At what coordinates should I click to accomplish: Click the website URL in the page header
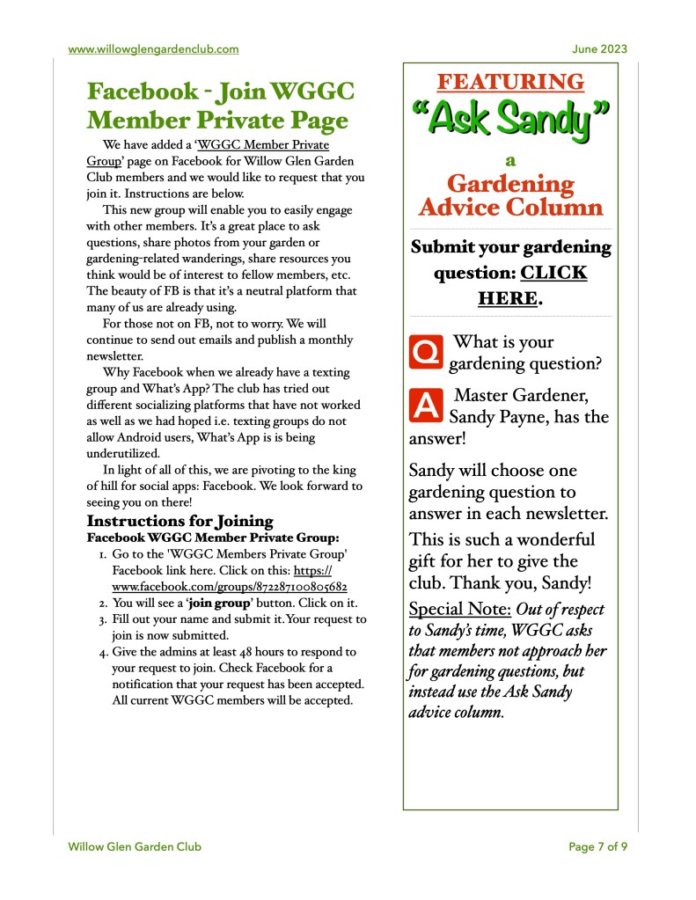coord(153,49)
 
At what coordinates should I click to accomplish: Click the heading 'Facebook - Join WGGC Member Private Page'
coord(217,106)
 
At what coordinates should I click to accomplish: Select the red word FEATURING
coord(510,83)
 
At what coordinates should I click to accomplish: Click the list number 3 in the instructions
coord(102,620)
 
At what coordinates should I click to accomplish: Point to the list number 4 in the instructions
coord(102,652)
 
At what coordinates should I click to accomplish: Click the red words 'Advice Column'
coord(510,208)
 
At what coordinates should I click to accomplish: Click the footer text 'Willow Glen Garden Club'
coord(135,846)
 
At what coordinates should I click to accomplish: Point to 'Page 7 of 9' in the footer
coord(597,846)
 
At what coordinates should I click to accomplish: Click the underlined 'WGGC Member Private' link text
coord(265,144)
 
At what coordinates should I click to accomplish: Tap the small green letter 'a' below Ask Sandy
coord(510,160)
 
